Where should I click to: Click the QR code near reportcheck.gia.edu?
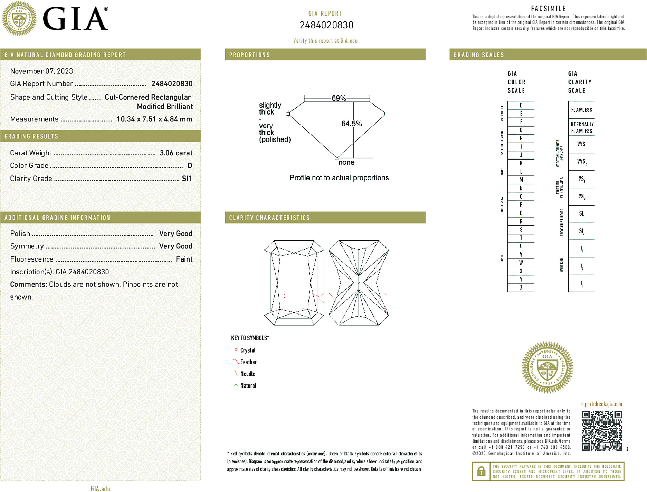pos(602,430)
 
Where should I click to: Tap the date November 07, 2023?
pos(41,71)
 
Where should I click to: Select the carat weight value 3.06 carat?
pos(176,153)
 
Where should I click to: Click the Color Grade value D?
pos(190,166)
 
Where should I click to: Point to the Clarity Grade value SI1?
pos(187,179)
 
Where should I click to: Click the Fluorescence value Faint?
pos(184,259)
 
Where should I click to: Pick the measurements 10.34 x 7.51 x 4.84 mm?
pos(154,119)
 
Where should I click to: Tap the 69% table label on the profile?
pos(339,98)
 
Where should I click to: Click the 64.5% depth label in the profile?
pos(351,124)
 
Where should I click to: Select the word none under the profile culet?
pos(346,162)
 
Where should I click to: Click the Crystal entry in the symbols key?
pos(248,350)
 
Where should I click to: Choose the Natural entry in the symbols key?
pos(248,385)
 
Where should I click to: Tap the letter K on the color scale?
pos(521,163)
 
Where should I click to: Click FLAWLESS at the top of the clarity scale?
pos(581,110)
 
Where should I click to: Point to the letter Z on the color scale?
pos(521,288)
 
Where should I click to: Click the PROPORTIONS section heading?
pos(249,55)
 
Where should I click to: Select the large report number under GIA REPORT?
pos(326,25)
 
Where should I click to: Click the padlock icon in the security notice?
pos(481,471)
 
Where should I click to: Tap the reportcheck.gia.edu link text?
pos(601,404)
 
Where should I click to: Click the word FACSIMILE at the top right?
pos(548,9)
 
